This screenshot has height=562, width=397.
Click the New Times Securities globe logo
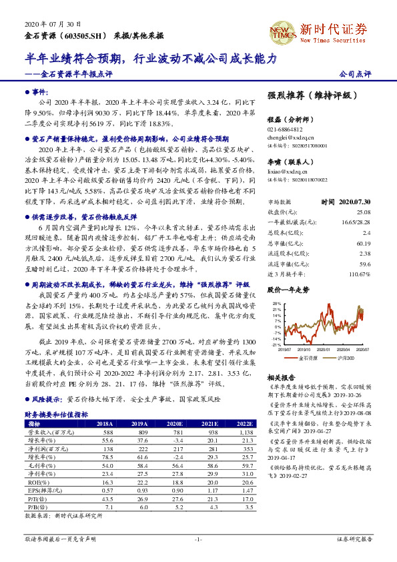[280, 30]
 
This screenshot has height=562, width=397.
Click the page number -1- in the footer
[197, 539]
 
